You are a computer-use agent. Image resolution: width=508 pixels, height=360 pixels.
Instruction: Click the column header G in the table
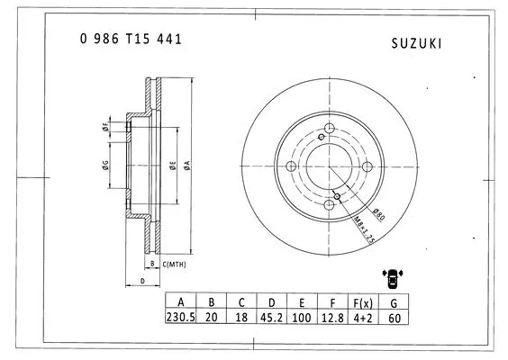click(x=394, y=301)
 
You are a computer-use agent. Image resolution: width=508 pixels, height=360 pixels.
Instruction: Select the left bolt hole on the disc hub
click(x=288, y=166)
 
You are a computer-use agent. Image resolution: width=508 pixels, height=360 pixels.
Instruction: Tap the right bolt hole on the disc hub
click(x=367, y=167)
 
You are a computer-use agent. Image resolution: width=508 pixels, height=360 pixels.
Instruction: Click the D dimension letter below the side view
click(x=142, y=282)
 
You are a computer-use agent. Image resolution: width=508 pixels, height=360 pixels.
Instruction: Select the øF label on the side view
click(x=105, y=127)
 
